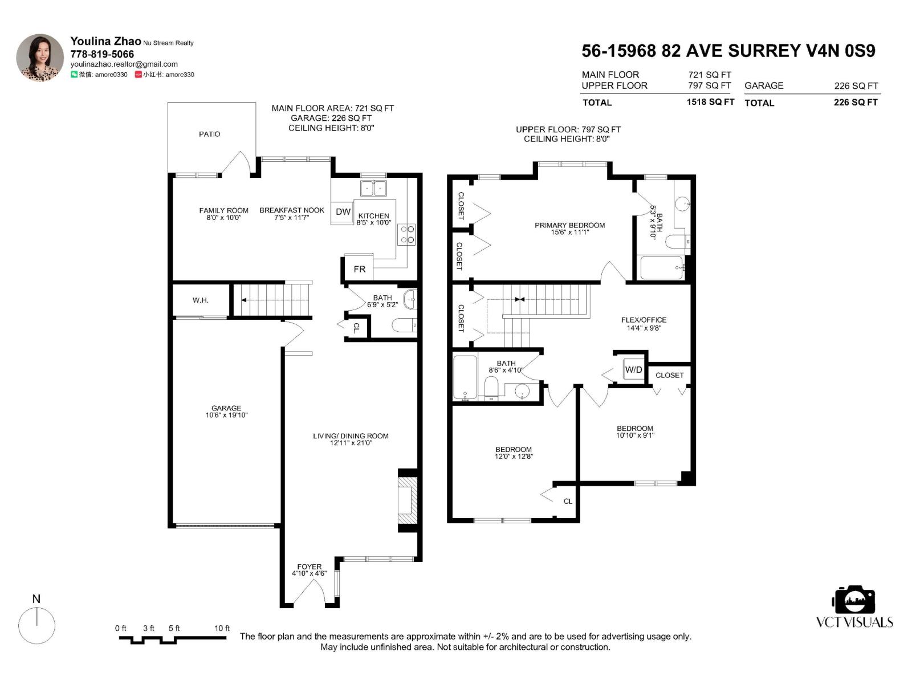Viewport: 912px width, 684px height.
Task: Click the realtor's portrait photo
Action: point(40,58)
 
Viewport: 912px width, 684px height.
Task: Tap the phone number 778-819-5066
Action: point(102,54)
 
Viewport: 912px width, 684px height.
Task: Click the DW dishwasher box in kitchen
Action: point(343,212)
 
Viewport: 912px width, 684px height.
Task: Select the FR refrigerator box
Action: point(359,269)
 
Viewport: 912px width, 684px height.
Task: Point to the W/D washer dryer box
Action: point(633,369)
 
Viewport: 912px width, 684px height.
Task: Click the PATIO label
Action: point(209,134)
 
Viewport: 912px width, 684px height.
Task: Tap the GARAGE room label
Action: point(226,408)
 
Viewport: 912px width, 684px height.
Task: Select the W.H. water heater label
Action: point(200,300)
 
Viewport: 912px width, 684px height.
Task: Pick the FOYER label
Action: point(309,567)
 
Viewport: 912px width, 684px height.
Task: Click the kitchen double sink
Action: point(373,188)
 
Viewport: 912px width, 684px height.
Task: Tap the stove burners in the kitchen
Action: point(408,234)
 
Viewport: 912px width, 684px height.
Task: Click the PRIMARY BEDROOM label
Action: point(569,225)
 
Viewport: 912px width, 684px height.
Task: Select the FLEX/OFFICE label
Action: point(644,320)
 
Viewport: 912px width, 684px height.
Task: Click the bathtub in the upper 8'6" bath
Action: point(465,377)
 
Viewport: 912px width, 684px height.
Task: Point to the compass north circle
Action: point(37,625)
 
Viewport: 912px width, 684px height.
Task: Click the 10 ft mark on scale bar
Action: point(222,628)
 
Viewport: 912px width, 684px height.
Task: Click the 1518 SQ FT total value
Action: point(710,102)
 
